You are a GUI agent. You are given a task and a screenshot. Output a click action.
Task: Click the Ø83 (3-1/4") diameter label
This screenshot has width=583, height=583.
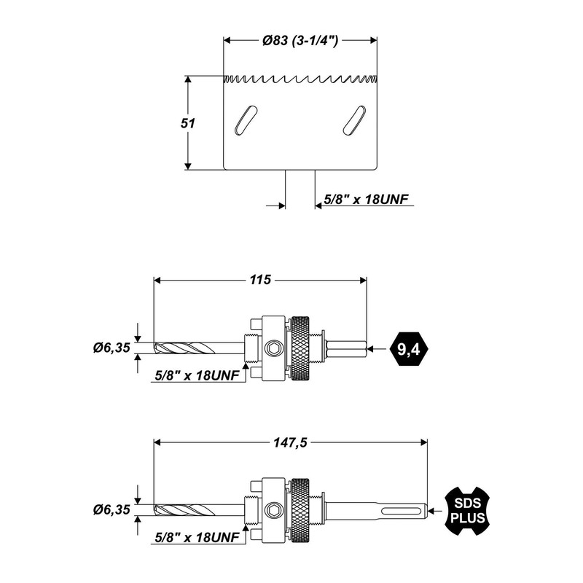[x=300, y=41]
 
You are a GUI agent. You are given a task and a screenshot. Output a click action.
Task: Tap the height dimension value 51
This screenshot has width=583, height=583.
[x=188, y=123]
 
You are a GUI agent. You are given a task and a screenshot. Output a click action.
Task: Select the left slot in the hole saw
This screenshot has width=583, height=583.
[x=246, y=120]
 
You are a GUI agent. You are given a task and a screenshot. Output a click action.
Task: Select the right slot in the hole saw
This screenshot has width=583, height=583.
[x=354, y=120]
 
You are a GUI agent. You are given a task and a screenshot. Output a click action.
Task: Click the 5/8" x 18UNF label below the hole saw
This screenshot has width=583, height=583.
[x=366, y=199]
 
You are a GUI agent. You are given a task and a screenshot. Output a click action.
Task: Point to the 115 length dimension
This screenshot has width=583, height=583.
[x=260, y=280]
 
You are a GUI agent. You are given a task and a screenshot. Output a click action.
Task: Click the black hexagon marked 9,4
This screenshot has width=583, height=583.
[x=409, y=349]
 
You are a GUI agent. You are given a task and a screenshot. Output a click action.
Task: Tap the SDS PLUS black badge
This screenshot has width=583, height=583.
[x=467, y=511]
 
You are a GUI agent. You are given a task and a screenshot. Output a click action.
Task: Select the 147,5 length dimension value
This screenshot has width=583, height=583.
[x=290, y=442]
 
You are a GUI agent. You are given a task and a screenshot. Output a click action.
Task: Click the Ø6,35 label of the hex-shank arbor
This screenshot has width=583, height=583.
[x=111, y=348]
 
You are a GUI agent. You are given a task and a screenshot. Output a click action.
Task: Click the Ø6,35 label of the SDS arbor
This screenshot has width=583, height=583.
[x=111, y=509]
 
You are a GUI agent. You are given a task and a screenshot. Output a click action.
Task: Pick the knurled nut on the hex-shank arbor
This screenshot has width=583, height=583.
[x=300, y=348]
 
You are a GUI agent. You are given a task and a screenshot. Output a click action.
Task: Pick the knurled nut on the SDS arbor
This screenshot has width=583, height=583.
[x=300, y=510]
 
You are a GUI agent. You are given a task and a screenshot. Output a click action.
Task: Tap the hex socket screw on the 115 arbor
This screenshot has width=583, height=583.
[x=274, y=348]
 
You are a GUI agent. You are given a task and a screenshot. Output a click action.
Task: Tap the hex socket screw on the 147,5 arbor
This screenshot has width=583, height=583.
[x=274, y=510]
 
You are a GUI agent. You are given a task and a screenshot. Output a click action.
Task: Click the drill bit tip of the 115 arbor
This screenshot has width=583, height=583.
[x=154, y=348]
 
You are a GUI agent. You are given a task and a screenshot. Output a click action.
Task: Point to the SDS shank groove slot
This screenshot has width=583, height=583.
[x=402, y=510]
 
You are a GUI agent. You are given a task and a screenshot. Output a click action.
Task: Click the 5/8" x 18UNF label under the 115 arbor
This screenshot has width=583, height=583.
[x=197, y=375]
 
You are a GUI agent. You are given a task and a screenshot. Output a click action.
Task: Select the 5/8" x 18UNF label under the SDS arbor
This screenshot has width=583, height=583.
[x=197, y=537]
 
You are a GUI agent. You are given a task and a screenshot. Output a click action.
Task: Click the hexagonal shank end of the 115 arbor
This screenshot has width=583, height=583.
[x=347, y=348]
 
